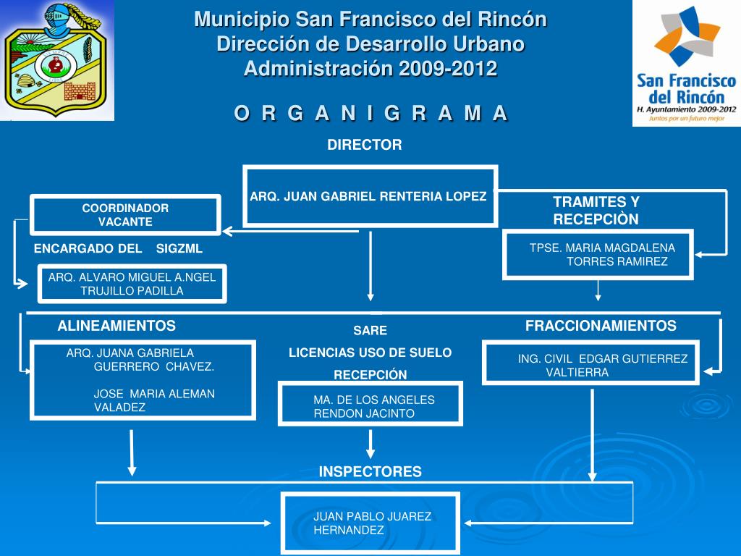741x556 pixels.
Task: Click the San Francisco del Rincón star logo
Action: point(687,37)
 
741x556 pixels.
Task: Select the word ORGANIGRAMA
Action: point(371,114)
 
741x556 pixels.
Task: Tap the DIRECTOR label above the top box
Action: point(365,145)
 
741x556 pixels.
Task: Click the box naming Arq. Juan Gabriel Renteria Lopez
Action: point(370,196)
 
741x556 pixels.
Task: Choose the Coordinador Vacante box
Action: point(126,214)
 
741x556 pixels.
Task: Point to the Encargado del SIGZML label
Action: point(118,249)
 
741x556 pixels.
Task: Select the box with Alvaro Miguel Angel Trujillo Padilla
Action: point(132,284)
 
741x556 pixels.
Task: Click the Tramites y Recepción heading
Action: point(596,211)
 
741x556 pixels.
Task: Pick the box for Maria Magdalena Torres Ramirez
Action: point(598,254)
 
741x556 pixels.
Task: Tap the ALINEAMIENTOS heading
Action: point(117,326)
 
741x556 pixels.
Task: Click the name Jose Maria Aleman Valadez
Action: point(154,400)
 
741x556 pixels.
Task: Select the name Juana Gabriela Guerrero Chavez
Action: point(140,360)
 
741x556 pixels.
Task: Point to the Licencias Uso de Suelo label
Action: point(370,353)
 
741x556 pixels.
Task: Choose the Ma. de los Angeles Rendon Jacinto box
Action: point(370,404)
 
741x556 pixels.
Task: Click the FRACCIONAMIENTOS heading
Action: point(601,326)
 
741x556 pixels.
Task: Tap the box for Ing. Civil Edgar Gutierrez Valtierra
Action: point(590,363)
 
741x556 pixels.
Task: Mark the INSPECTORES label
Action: point(370,472)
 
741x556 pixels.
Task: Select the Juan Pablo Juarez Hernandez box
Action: point(370,523)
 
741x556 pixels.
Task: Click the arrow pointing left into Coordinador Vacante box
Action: point(291,231)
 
